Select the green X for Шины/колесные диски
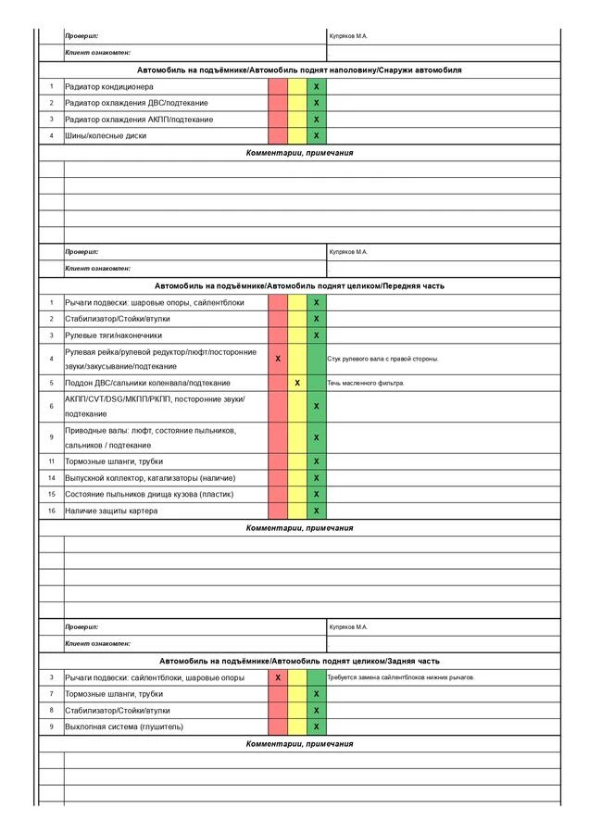(x=317, y=136)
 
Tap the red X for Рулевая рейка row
(x=278, y=359)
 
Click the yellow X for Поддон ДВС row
(x=297, y=383)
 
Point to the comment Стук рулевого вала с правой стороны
(x=382, y=359)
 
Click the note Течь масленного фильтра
(x=366, y=383)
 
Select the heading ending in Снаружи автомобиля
(x=299, y=70)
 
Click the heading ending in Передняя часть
(x=299, y=286)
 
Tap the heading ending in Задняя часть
(x=299, y=661)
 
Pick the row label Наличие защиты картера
(x=111, y=511)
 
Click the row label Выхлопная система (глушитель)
(x=124, y=727)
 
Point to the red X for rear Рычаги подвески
(x=278, y=677)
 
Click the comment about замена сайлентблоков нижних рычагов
(x=401, y=677)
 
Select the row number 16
(x=52, y=511)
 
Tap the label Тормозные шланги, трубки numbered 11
(x=114, y=461)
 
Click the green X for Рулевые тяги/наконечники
(x=317, y=335)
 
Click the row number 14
(x=52, y=477)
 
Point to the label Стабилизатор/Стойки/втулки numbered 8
(x=118, y=711)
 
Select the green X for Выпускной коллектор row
(x=317, y=478)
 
